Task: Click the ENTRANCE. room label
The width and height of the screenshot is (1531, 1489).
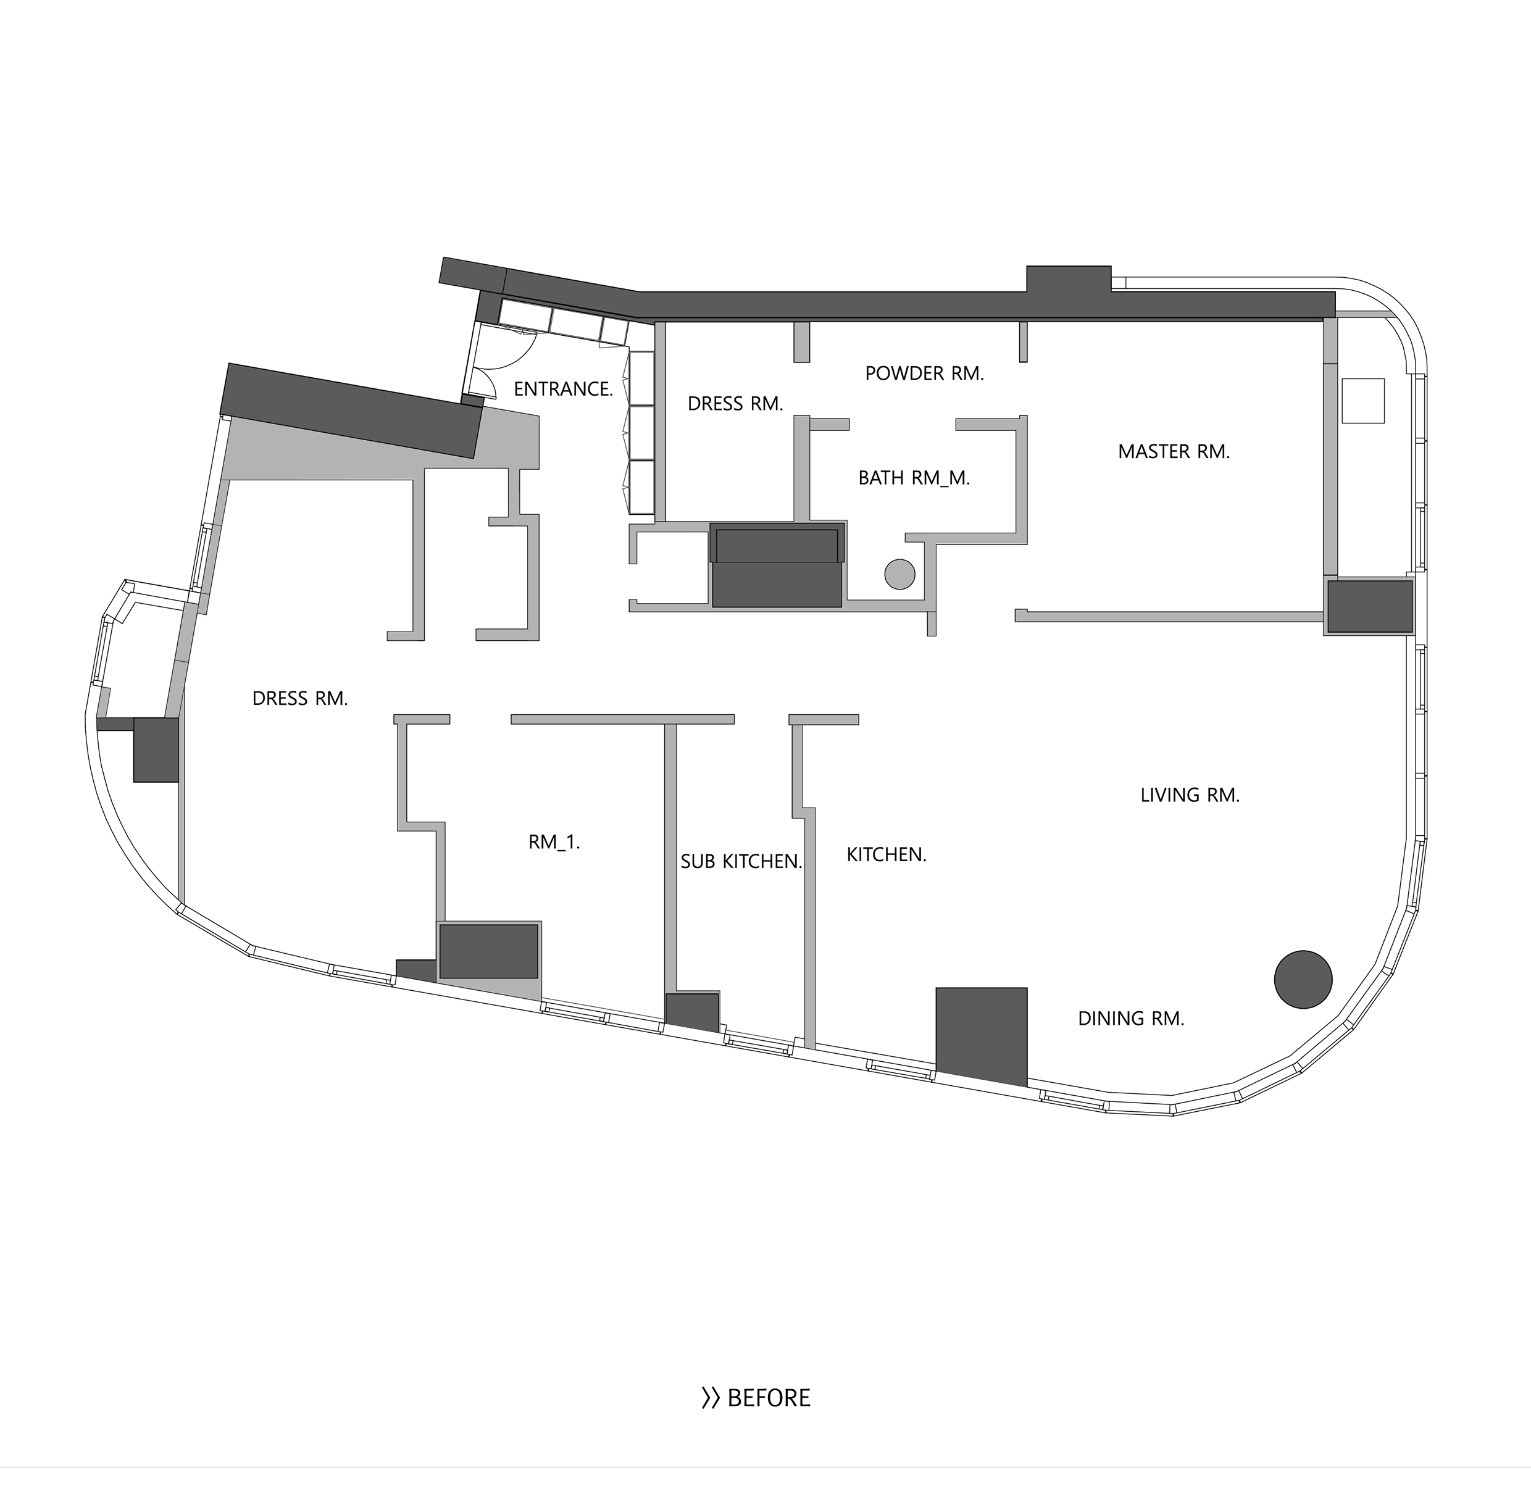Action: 563,389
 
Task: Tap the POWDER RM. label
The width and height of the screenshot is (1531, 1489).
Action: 924,374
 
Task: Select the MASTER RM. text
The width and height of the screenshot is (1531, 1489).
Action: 1174,451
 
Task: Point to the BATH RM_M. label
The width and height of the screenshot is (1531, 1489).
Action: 914,478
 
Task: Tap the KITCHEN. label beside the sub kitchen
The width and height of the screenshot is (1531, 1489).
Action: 886,855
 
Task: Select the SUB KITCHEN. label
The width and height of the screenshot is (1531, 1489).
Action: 741,862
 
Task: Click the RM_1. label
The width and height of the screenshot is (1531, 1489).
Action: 554,842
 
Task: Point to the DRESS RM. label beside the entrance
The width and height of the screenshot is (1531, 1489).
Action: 735,404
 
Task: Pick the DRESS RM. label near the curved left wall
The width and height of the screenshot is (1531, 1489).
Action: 299,698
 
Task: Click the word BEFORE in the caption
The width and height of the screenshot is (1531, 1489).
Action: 769,1398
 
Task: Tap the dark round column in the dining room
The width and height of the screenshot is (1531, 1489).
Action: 1303,979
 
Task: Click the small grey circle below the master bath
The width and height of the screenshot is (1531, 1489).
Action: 899,574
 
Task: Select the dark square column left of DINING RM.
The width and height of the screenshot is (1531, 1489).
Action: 982,1035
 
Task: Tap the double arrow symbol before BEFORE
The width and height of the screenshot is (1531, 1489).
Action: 710,1398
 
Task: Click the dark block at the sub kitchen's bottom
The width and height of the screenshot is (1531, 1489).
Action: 692,1013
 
